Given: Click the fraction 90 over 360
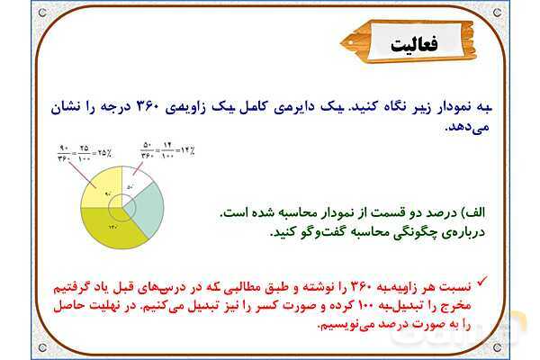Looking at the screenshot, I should (64, 150).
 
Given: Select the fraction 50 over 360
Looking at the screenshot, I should (147, 149).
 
